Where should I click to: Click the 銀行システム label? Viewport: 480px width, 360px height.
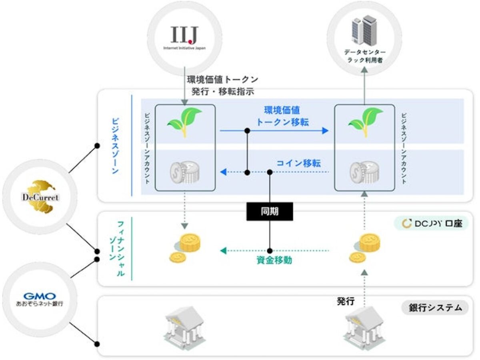435,308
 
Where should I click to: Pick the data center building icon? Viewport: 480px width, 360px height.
364,31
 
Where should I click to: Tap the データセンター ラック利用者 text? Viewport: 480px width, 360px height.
365,56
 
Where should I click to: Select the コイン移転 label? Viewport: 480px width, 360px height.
299,163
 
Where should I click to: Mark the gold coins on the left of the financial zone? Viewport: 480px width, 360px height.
185,248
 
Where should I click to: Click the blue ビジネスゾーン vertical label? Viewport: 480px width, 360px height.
114,146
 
